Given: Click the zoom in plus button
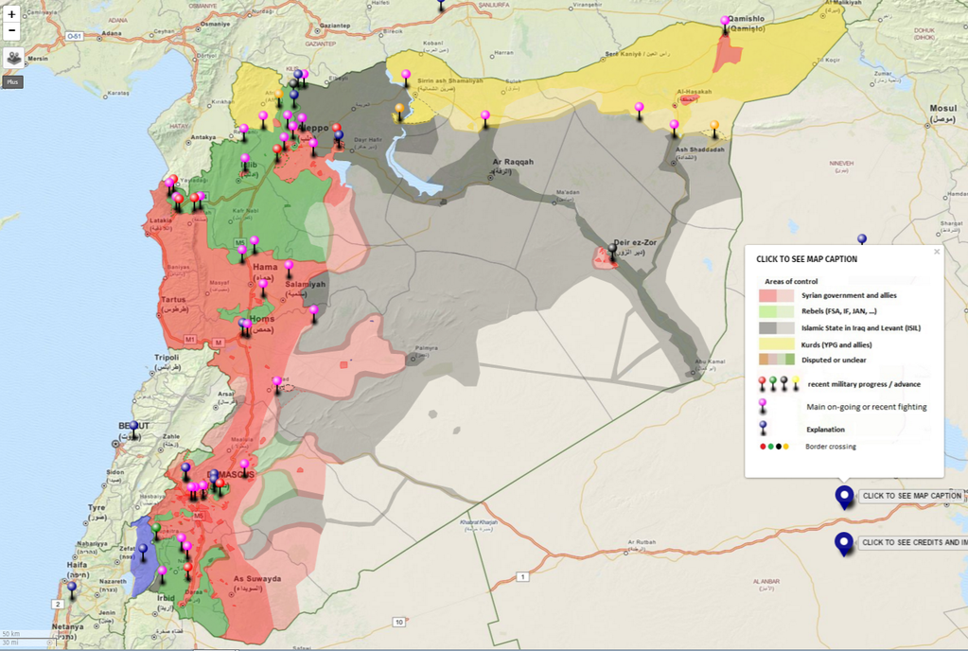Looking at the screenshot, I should pos(12,14).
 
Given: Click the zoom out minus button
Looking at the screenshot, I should pos(12,31).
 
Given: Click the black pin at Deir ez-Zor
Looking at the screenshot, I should pos(612,252).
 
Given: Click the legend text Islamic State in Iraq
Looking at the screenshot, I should pos(861,327).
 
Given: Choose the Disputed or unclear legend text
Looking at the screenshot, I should pos(835,360).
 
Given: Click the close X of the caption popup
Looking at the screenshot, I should pos(937,252).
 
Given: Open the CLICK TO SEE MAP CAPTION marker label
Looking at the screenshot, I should pos(911,496).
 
